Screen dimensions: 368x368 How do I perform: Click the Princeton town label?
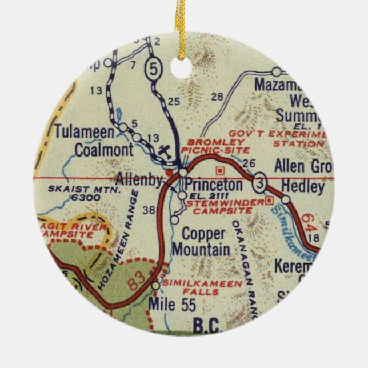point(214,185)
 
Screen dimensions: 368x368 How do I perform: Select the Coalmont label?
point(104,150)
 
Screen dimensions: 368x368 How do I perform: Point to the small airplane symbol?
point(164,151)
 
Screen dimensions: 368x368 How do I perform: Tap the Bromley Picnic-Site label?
point(216,145)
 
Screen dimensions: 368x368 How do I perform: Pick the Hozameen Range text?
point(119,240)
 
